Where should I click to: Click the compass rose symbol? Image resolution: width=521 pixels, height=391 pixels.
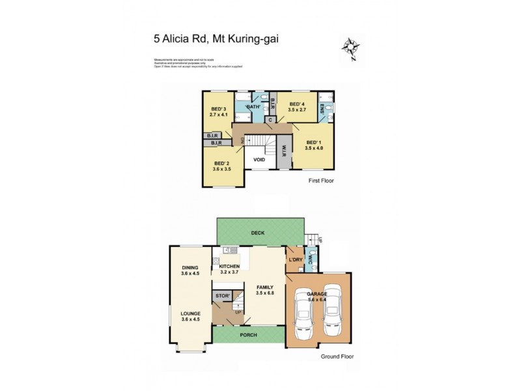tap(351, 48)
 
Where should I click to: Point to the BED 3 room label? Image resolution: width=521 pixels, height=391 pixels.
tap(218, 109)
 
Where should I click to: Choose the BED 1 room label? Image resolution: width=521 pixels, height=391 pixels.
tap(314, 142)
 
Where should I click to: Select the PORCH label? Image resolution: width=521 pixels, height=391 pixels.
tap(248, 335)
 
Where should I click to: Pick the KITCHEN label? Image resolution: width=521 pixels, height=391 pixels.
tap(229, 267)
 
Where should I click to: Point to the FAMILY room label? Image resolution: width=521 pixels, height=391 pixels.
tap(264, 287)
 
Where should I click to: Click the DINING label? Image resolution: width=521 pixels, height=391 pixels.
tap(190, 267)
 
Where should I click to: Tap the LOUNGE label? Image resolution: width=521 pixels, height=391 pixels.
tap(190, 313)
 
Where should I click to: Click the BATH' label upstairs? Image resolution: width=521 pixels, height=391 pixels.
tap(254, 106)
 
